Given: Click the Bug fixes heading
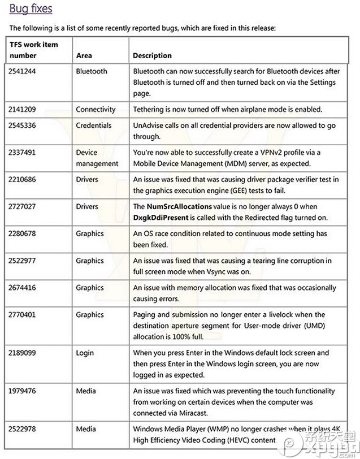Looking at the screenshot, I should tap(31, 8).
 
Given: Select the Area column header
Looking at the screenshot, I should tap(84, 55).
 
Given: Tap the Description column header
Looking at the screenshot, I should tap(152, 55).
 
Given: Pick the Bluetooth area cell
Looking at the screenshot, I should tap(91, 71).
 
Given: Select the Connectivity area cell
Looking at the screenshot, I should tap(96, 109).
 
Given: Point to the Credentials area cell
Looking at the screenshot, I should tap(94, 125).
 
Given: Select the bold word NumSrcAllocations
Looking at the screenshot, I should tap(179, 206).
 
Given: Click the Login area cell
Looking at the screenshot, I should tap(85, 352).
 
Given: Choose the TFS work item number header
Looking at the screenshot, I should tap(33, 50).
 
